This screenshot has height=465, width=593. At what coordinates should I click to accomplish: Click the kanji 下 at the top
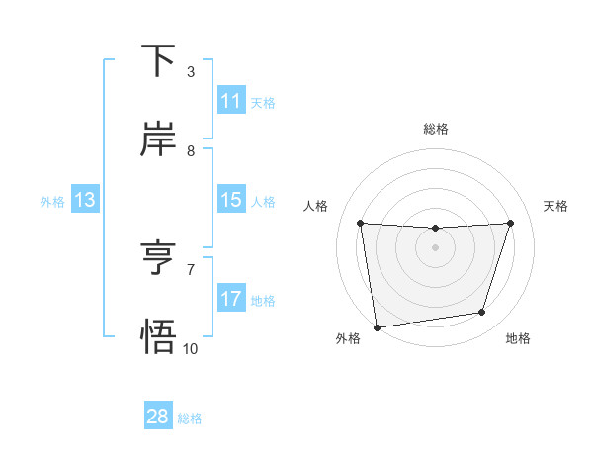click(x=158, y=61)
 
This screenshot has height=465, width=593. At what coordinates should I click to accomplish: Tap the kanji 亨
click(x=158, y=259)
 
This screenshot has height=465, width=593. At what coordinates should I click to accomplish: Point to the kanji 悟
click(x=158, y=337)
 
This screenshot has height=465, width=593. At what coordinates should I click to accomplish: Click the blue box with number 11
click(x=230, y=101)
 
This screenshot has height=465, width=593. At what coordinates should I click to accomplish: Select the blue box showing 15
click(x=230, y=200)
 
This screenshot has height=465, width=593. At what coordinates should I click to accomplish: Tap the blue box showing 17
click(x=230, y=299)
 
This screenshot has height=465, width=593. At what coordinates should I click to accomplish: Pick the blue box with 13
click(x=84, y=200)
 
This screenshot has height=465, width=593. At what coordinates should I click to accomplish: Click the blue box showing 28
click(x=158, y=417)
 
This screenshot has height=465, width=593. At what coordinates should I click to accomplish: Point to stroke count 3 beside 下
click(x=191, y=72)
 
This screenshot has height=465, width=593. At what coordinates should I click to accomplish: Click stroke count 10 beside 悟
click(x=191, y=348)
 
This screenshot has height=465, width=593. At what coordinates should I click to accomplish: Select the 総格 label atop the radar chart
click(x=436, y=129)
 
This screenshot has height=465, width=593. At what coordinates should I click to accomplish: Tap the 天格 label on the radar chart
click(x=555, y=206)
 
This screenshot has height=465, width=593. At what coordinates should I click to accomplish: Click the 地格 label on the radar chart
click(x=518, y=338)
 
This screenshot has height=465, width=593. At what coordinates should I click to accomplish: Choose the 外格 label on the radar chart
click(x=348, y=338)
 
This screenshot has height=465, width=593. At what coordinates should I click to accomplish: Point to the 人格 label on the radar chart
click(x=315, y=206)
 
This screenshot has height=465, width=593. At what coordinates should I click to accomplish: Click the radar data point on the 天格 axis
click(x=511, y=224)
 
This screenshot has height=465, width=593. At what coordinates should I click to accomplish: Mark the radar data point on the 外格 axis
click(x=377, y=326)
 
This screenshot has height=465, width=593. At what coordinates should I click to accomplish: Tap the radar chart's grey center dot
click(x=435, y=247)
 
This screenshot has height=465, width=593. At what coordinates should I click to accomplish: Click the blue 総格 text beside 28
click(x=190, y=418)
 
